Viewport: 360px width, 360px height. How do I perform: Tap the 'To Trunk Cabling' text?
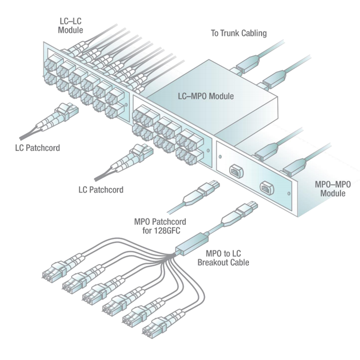pos(239,33)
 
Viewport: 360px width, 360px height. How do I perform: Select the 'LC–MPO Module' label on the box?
pos(203,96)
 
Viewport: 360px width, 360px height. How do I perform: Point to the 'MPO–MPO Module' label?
pos(332,189)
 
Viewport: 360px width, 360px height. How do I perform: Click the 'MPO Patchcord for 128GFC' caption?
pos(160,225)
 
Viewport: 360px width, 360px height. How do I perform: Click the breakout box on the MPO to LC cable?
pos(192,245)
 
